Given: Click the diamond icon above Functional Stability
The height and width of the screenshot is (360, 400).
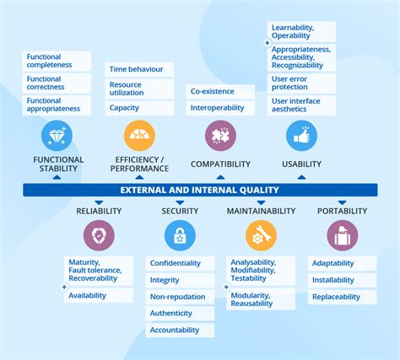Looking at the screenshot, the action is click(x=57, y=136).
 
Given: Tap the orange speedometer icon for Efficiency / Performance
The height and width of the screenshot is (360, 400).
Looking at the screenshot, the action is click(x=139, y=136).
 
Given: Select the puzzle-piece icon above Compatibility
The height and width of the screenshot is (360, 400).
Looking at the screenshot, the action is click(x=220, y=136).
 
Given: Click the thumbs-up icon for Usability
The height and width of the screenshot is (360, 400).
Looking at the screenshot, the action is click(x=301, y=136).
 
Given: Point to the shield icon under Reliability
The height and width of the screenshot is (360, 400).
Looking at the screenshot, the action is click(x=99, y=235).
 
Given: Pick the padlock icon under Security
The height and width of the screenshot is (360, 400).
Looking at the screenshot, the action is click(x=180, y=235).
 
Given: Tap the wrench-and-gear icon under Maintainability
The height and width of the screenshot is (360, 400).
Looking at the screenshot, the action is click(x=261, y=235).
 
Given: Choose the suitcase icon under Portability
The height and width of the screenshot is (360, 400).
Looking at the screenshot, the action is click(x=343, y=235).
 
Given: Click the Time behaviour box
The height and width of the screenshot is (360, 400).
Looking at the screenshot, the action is click(x=139, y=69).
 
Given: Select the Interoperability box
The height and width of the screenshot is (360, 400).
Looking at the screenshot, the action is click(x=220, y=108).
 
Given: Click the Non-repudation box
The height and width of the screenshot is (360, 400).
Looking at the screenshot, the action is click(x=180, y=297).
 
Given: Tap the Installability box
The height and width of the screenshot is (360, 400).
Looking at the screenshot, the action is click(x=342, y=280).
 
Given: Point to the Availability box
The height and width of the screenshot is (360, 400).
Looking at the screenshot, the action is click(x=99, y=296).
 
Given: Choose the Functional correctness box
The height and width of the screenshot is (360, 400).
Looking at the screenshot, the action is click(x=57, y=83).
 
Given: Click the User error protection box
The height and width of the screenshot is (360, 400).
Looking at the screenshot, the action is click(x=301, y=83).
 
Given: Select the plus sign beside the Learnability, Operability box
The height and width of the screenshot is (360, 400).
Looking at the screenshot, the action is click(x=268, y=43).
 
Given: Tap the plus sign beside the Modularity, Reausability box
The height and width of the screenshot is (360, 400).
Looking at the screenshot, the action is click(x=226, y=287).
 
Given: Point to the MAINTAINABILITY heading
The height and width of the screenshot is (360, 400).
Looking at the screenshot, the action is click(x=261, y=211).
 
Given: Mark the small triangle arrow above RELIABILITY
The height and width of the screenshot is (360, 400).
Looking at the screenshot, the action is click(x=99, y=202).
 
